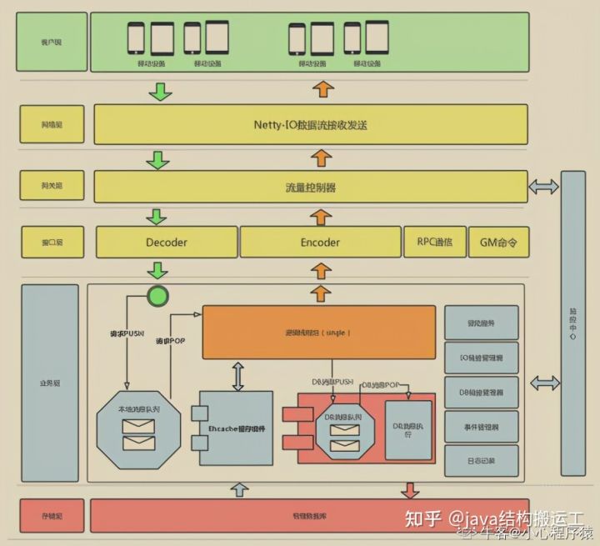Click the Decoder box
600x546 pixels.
(166, 243)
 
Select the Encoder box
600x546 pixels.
(320, 243)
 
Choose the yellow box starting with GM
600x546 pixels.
(498, 243)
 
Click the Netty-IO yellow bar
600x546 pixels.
(310, 124)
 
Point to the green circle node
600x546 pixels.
(157, 295)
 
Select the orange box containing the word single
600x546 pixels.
(318, 333)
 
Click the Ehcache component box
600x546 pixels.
(235, 428)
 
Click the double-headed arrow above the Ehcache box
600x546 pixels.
(238, 376)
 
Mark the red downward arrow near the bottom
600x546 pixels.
(410, 489)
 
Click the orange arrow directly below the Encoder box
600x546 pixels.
(320, 270)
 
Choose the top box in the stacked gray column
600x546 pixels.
(482, 322)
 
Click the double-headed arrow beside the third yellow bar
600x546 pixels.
(544, 187)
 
